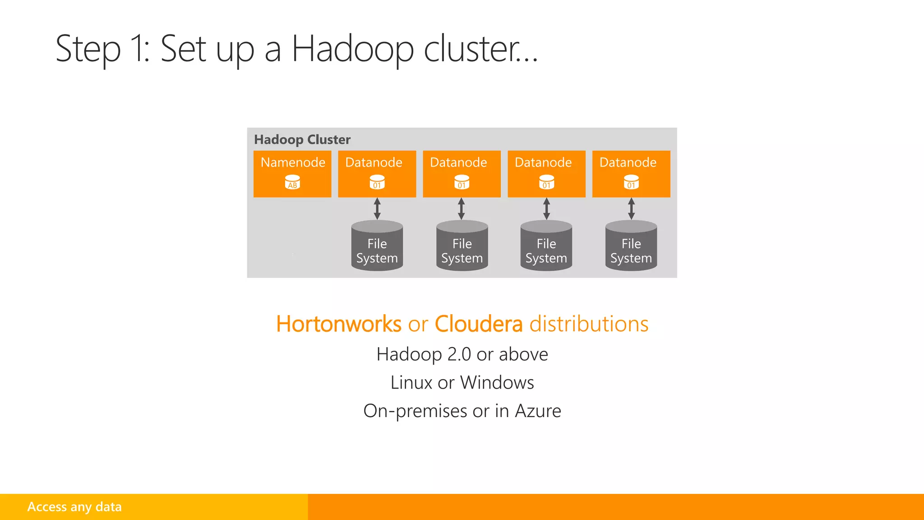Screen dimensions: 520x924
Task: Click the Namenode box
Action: [292, 173]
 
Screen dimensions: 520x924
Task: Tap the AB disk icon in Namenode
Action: [292, 182]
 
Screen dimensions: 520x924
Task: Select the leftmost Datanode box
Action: [377, 173]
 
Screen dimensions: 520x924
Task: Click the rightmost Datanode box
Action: [631, 173]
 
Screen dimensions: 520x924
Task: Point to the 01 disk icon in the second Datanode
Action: [462, 182]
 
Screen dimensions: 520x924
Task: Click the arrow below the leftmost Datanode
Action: [377, 209]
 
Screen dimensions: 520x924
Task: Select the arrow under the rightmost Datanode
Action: [631, 209]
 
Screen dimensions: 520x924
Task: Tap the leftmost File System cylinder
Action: [377, 246]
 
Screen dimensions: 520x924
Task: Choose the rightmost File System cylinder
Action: [631, 246]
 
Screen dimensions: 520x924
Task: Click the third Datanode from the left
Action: [546, 173]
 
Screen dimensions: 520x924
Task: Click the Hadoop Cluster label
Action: [302, 139]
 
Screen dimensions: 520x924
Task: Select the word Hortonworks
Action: [338, 324]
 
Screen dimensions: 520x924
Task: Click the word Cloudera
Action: [478, 324]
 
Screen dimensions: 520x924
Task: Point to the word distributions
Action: [588, 324]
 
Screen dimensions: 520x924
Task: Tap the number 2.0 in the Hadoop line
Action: [459, 354]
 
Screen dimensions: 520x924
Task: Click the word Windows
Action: [497, 383]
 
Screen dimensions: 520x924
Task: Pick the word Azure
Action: [538, 411]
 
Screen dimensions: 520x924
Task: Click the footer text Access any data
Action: [74, 507]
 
